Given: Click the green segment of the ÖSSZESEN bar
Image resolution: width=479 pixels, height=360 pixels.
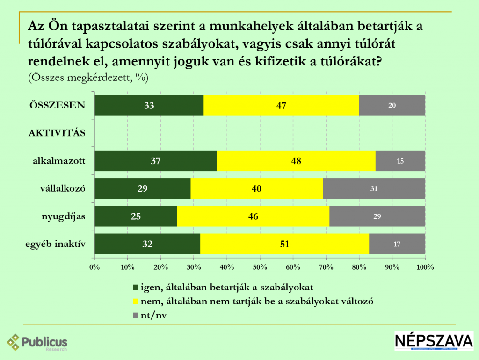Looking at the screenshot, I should (149, 105).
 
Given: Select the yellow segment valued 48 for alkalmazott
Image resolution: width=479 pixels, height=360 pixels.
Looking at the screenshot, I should (296, 161).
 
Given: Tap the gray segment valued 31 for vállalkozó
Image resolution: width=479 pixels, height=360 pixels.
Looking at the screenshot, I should (374, 189).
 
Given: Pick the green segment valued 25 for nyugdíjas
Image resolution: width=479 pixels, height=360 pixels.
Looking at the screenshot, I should (136, 216).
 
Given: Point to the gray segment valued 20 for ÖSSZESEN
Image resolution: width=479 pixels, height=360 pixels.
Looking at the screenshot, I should (392, 105).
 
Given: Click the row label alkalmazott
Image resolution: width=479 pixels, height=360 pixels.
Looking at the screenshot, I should (59, 161).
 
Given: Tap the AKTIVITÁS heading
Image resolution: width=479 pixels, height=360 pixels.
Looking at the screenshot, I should (57, 133).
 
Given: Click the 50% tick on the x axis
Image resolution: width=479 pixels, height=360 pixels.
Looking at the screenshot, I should (260, 267).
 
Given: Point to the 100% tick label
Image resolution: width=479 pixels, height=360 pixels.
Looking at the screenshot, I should (425, 267).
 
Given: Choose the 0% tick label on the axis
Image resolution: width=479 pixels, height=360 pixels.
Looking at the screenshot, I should (94, 267).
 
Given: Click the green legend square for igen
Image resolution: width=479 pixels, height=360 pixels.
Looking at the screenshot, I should (136, 287).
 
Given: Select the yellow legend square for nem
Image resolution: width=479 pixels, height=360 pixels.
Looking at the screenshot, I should (136, 301).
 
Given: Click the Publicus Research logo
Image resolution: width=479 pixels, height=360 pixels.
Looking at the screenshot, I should (37, 343).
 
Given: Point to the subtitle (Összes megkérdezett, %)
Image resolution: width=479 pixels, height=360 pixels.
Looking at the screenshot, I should (88, 78).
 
